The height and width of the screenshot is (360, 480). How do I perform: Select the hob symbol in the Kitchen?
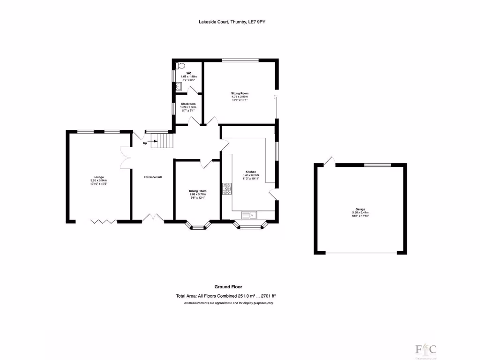click(x=226, y=188)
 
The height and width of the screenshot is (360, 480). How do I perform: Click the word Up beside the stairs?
click(x=145, y=143)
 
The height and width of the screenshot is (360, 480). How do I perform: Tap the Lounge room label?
click(x=98, y=177)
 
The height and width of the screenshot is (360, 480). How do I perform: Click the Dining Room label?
click(x=197, y=191)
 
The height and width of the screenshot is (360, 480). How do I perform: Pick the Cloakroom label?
click(x=188, y=104)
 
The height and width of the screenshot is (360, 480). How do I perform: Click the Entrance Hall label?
click(x=153, y=177)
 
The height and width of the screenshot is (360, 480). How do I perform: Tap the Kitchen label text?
click(x=251, y=172)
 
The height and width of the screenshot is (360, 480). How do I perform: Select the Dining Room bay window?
click(x=198, y=227)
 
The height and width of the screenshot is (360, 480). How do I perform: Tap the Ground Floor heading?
click(x=228, y=287)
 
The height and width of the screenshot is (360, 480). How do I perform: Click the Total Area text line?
click(x=225, y=296)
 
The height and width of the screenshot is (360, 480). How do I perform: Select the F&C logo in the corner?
click(x=425, y=350)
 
